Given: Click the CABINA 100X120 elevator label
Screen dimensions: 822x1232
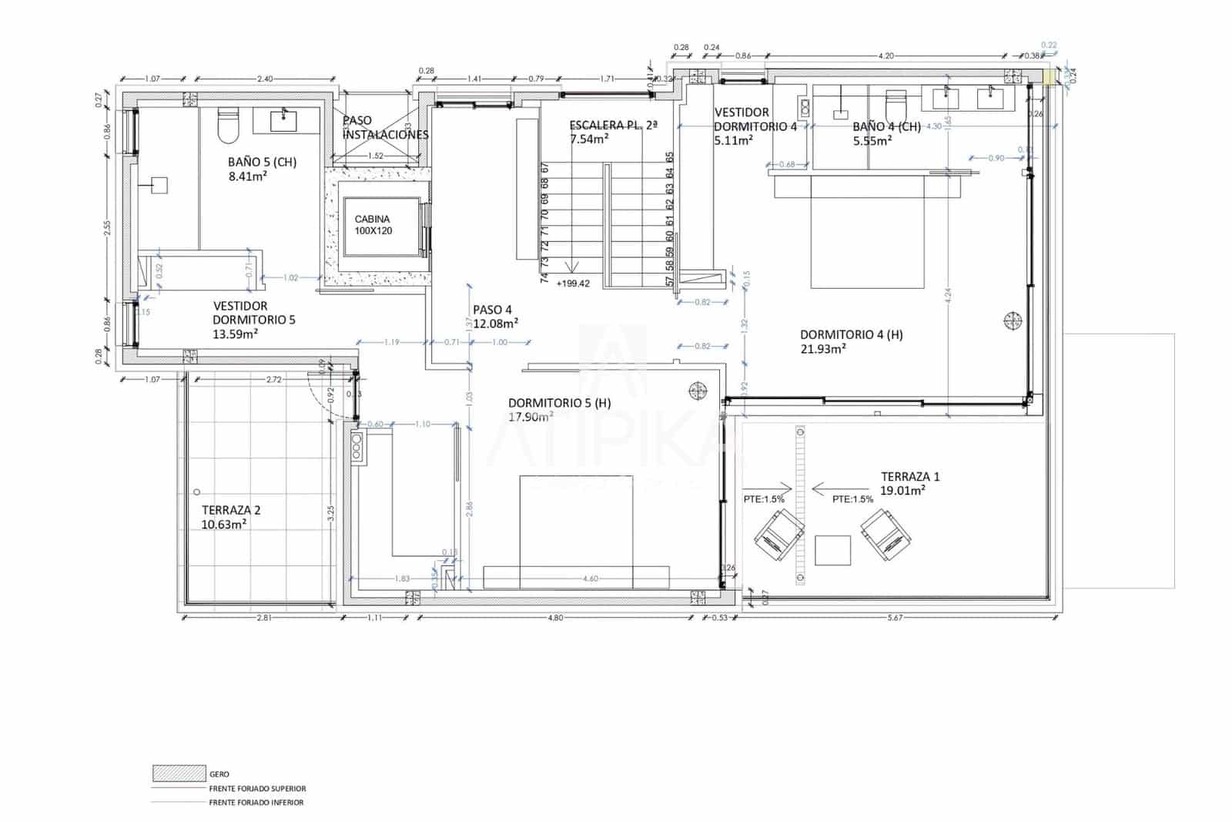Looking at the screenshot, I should (373, 225).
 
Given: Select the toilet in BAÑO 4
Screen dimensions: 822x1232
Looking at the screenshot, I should (896, 106).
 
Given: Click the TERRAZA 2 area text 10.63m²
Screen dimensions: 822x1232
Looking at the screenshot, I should (224, 525).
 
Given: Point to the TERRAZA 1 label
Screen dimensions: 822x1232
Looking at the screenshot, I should (910, 477).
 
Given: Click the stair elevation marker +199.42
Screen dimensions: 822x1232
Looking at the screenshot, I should (574, 284).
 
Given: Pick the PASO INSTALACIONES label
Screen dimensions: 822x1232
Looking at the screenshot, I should (385, 127).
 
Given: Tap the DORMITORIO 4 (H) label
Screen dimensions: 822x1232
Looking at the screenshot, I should (852, 334).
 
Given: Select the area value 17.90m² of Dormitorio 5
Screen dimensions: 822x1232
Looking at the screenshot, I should (531, 417).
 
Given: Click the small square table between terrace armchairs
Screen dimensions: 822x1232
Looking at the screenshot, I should (832, 550).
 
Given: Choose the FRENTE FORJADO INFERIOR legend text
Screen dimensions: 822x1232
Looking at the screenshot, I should (256, 802).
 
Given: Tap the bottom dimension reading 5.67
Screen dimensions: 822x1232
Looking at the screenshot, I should (894, 618).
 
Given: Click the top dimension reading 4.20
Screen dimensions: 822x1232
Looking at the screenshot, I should (885, 55).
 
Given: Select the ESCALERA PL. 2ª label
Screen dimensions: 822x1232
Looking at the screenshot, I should (613, 125).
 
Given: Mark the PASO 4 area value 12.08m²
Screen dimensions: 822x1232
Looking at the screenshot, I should (496, 324).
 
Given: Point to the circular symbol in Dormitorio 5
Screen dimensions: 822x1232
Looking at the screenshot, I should (698, 391).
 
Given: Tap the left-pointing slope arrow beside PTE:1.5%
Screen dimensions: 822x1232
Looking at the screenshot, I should (830, 488).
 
